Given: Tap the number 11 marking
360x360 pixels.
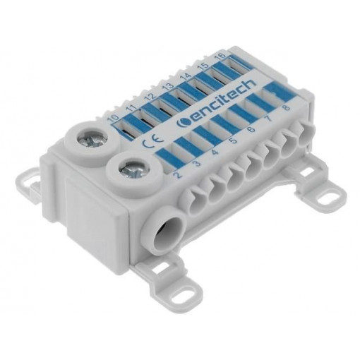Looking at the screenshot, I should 131,108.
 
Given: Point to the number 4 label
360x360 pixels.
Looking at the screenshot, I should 215,152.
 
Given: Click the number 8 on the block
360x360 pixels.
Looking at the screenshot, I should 285,109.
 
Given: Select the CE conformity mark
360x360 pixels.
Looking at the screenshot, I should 150,140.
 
